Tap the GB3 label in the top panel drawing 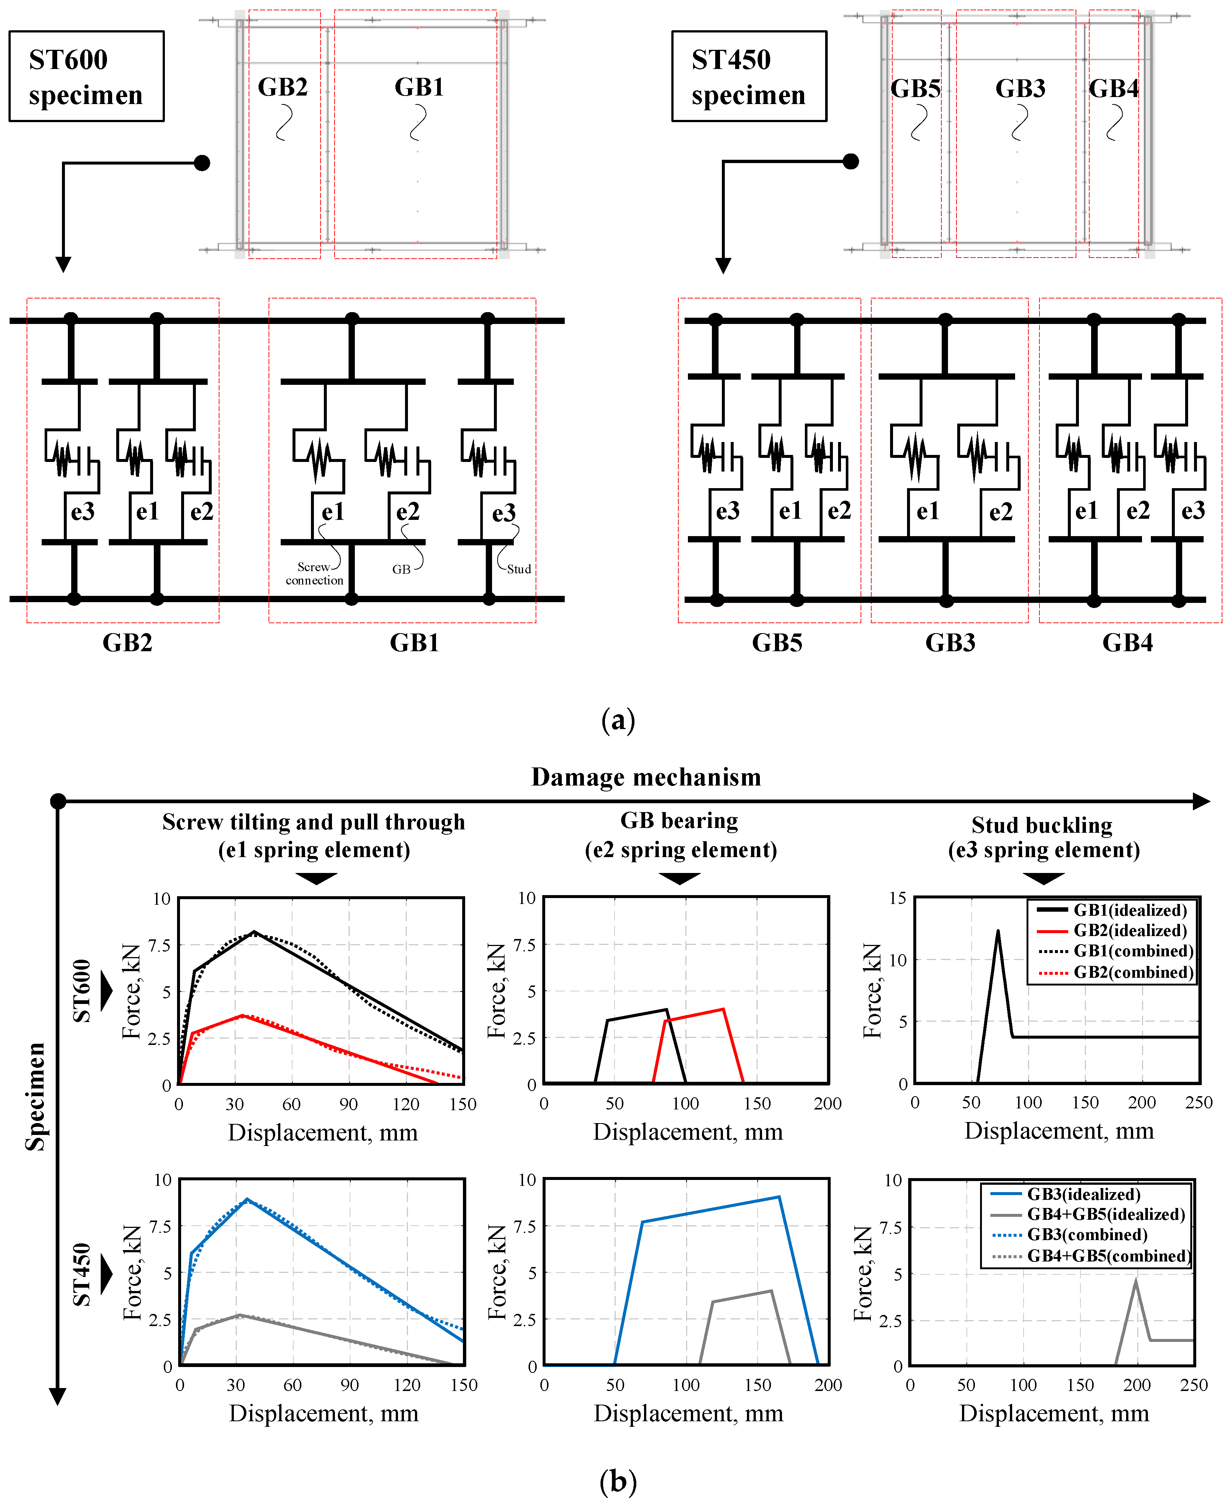click(x=1020, y=89)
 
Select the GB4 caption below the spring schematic click(x=1127, y=642)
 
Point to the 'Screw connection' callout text click(x=314, y=574)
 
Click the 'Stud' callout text click(x=519, y=569)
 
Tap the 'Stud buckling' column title click(x=1042, y=826)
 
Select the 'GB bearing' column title click(x=679, y=821)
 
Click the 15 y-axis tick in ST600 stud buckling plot click(x=898, y=898)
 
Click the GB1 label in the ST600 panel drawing click(x=419, y=87)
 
